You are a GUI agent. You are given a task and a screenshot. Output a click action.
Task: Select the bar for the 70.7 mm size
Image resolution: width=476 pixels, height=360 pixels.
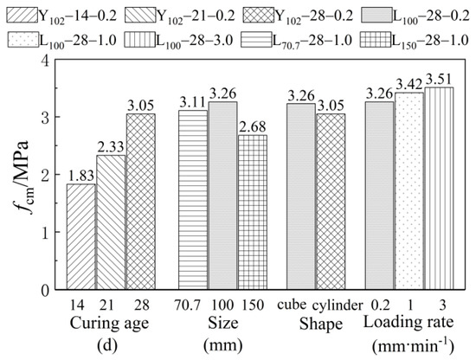pyautogui.click(x=193, y=198)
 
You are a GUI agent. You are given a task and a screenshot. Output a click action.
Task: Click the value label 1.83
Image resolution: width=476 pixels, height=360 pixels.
pyautogui.click(x=80, y=176)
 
